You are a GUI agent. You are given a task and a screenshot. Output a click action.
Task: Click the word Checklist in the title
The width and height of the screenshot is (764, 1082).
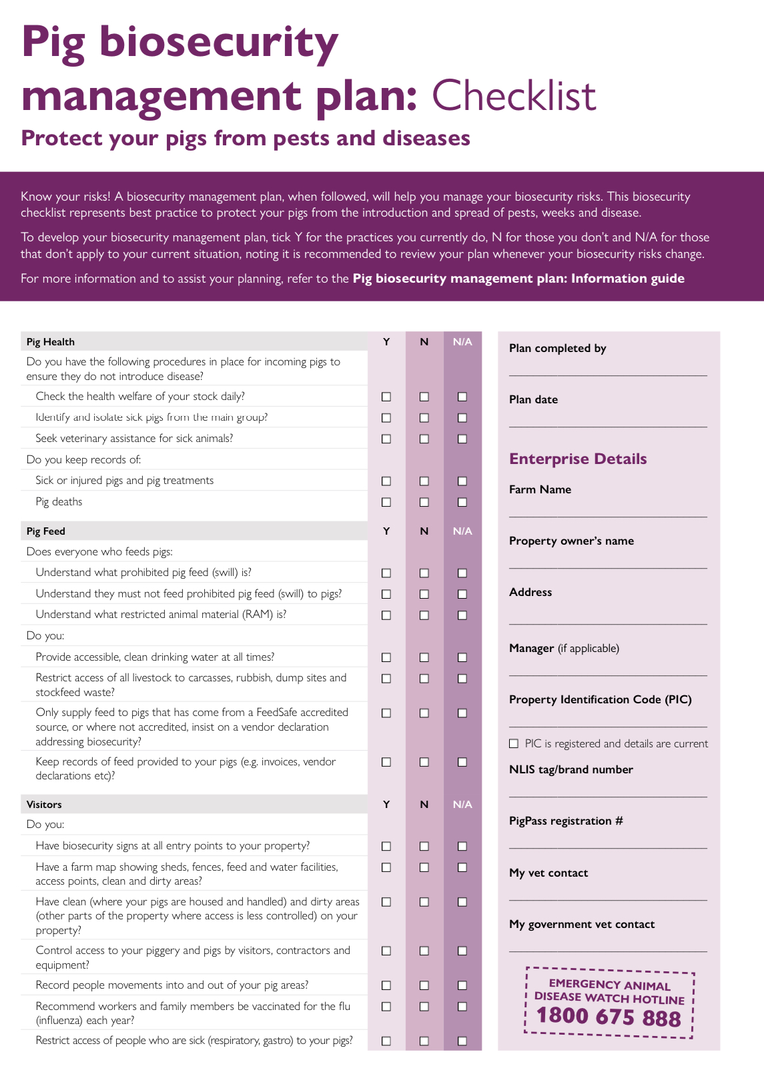(514, 96)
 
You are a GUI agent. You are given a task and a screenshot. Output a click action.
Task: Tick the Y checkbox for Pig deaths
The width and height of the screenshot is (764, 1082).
(386, 502)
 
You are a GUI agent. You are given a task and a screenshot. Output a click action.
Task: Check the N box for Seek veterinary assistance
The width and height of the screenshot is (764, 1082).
(424, 439)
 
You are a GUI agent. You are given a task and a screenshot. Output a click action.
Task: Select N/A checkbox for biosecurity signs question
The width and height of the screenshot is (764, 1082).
(462, 846)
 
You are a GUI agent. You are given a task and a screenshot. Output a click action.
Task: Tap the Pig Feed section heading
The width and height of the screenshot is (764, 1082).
(46, 531)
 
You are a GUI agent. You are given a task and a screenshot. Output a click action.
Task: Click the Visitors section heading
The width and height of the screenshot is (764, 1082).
(44, 805)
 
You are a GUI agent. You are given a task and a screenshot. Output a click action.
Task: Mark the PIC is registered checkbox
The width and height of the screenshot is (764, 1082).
(514, 743)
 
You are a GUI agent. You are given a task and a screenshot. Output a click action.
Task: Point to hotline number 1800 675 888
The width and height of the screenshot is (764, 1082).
(609, 1017)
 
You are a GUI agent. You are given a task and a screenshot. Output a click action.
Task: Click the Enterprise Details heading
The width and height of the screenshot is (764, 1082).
(578, 459)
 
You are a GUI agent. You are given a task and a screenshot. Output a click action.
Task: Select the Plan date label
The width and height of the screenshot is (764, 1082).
(533, 399)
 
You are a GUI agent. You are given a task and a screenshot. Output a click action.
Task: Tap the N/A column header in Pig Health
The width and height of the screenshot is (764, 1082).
(462, 342)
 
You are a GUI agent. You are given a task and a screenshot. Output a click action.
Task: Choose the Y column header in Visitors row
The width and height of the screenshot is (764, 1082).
(386, 805)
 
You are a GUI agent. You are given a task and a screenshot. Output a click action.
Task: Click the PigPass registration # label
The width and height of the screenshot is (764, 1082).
(566, 821)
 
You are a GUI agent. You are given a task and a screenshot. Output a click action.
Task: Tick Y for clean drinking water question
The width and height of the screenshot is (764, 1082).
(386, 657)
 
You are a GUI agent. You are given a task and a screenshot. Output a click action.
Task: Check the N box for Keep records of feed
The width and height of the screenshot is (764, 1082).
(424, 762)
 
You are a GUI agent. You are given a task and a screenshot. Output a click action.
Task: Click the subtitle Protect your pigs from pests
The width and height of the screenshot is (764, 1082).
(246, 138)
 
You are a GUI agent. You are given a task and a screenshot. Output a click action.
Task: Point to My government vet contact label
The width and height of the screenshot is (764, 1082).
(582, 924)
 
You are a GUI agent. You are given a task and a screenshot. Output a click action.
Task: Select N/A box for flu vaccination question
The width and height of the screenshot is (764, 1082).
(462, 1007)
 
